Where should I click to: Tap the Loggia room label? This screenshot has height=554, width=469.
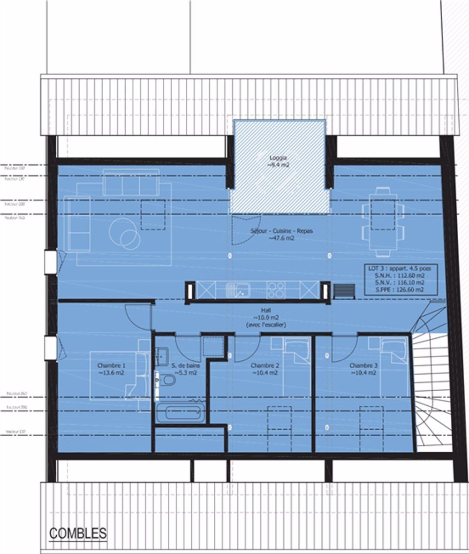278,161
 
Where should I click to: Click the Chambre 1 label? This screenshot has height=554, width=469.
111,369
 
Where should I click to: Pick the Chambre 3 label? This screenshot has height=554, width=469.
363,369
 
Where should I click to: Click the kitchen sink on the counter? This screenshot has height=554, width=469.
237,290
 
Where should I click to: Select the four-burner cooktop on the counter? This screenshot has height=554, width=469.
275,290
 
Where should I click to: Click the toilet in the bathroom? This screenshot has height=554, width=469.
166,381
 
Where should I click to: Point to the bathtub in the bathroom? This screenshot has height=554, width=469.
180,412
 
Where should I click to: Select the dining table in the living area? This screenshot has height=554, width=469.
383,222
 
